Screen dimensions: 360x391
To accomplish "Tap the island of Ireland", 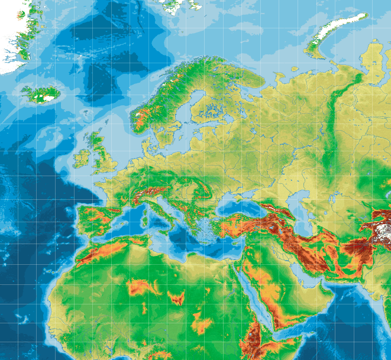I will pos(83,157).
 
